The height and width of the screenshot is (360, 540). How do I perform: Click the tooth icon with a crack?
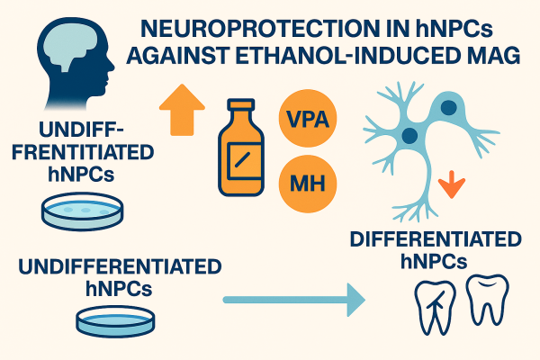433,301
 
